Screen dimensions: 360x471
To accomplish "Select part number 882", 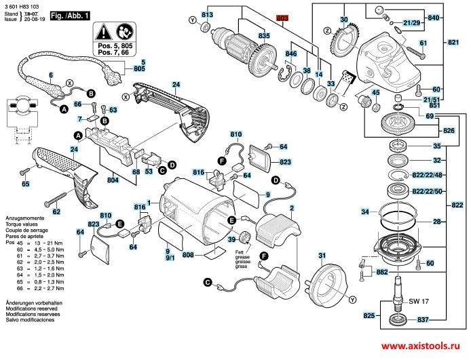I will [x=382, y=272].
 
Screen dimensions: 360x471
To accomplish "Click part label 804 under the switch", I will [x=113, y=181].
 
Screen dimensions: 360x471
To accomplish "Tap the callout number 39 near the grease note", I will [x=231, y=239].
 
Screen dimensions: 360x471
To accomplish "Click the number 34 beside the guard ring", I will [x=365, y=213].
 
